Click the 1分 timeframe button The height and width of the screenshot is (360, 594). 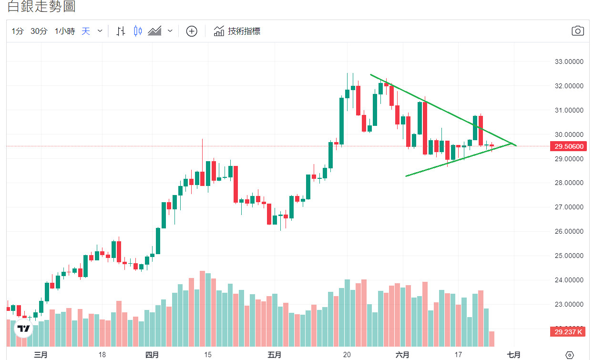click(18, 31)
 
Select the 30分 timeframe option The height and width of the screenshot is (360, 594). click(39, 31)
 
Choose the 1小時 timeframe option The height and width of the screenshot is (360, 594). click(65, 31)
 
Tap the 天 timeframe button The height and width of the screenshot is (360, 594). click(86, 31)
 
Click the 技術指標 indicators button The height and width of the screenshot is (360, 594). click(237, 31)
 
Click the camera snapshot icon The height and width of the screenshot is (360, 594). click(577, 31)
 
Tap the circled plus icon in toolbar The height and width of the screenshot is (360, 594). click(191, 31)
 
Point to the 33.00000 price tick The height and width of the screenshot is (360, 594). click(568, 62)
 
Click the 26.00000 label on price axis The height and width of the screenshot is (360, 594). click(568, 231)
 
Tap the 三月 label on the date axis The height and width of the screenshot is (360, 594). click(41, 355)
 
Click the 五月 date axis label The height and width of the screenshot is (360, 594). click(275, 355)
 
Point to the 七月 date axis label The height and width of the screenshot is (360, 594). click(513, 355)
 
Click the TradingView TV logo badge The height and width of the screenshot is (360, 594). click(23, 329)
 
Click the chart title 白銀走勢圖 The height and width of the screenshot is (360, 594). click(41, 7)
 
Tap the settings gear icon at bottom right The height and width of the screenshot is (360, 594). click(569, 355)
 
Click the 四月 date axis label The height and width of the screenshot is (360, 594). click(152, 355)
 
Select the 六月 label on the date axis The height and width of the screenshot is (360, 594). click(402, 355)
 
